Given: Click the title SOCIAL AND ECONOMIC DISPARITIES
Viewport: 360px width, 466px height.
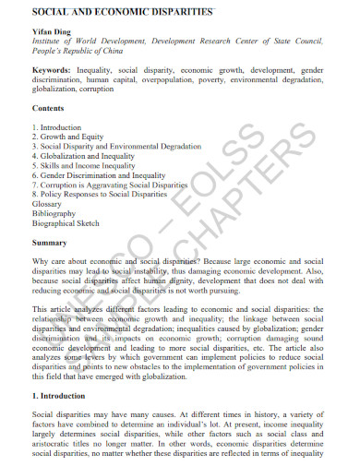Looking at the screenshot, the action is pyautogui.click(x=123, y=12).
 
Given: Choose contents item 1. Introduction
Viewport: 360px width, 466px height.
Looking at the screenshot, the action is pyautogui.click(x=57, y=127).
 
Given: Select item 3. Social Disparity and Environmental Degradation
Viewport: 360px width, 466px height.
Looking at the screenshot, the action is pyautogui.click(x=116, y=147).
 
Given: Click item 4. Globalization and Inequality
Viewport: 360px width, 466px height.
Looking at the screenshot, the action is pyautogui.click(x=85, y=157).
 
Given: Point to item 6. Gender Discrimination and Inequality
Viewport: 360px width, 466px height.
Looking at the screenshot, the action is pyautogui.click(x=100, y=175).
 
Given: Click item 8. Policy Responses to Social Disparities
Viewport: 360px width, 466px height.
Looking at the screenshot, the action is pyautogui.click(x=99, y=195).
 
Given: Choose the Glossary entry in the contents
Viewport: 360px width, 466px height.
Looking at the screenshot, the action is pyautogui.click(x=47, y=205).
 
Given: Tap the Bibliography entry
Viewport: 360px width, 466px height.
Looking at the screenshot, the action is pyautogui.click(x=54, y=214).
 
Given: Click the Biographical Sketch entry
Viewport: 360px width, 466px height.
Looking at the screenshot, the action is pyautogui.click(x=66, y=223).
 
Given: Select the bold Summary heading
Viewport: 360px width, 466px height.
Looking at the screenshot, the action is pyautogui.click(x=50, y=243).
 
